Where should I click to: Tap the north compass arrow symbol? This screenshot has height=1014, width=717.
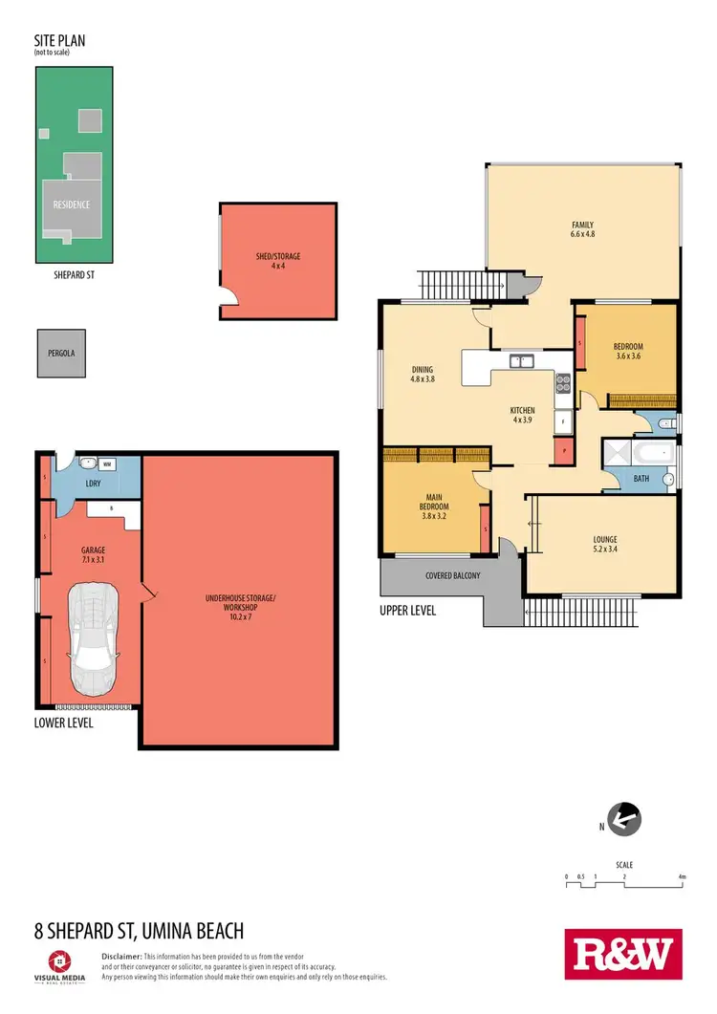point(623,818)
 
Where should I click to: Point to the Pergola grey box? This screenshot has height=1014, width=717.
point(60,353)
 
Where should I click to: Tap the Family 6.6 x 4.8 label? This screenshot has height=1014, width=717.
point(582,228)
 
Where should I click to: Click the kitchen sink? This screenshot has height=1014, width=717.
point(521,361)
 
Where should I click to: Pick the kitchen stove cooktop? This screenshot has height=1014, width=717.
point(563,382)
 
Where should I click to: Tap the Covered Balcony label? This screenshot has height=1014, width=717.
point(453,575)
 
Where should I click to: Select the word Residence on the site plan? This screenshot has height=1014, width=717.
point(71,205)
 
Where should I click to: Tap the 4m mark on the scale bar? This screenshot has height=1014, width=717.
point(682,875)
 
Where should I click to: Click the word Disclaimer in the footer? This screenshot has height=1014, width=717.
point(121,956)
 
